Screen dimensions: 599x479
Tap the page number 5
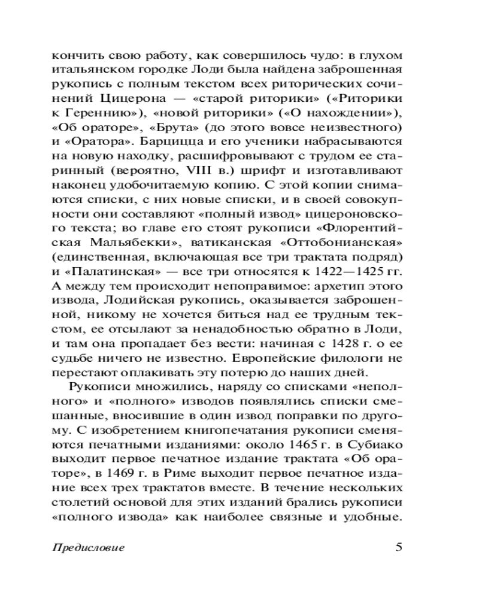tap(400, 546)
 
